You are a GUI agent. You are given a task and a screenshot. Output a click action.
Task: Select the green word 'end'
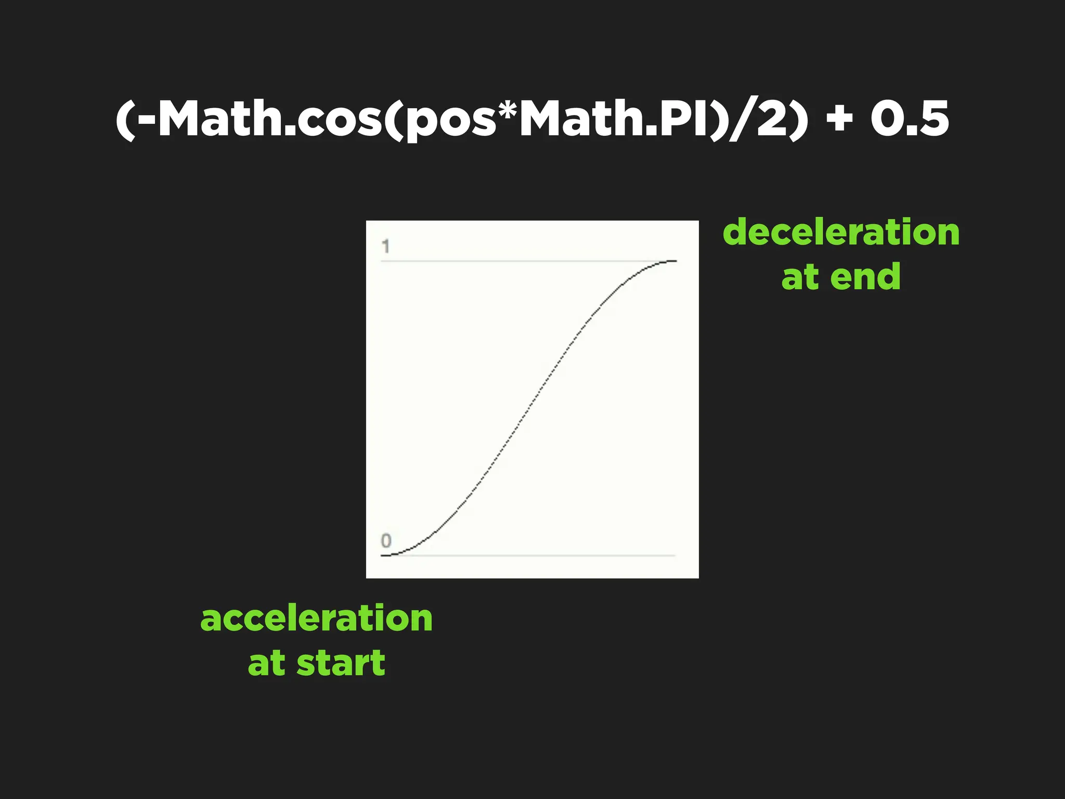coord(865,277)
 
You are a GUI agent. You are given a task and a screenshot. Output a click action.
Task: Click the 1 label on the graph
coord(385,246)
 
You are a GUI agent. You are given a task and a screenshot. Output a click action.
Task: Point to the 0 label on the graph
coord(386,541)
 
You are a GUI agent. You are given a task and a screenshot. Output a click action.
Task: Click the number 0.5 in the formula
coord(910,119)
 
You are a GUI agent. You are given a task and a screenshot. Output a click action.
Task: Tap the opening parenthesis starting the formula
coord(125,120)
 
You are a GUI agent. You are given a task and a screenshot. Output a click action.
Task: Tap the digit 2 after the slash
coord(772,119)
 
